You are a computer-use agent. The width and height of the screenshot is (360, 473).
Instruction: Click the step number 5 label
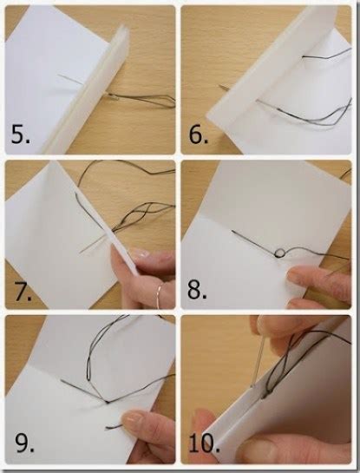point(23,135)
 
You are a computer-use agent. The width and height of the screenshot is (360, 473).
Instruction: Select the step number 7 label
point(23,291)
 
